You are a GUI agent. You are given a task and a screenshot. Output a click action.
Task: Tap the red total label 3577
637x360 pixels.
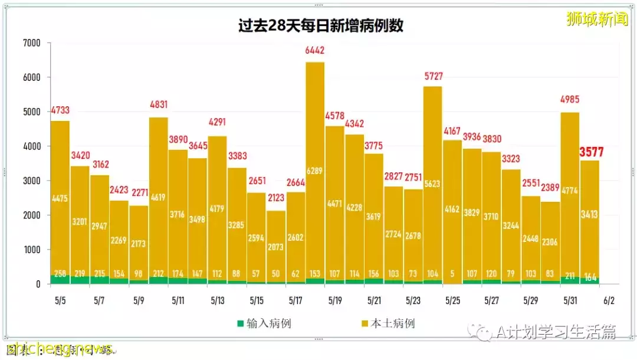coord(591,152)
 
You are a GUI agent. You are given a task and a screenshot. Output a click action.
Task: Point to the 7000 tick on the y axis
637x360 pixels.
coord(31,43)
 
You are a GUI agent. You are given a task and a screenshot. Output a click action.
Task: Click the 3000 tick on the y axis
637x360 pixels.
coord(31,181)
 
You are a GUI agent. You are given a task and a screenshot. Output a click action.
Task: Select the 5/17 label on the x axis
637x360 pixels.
coord(295,300)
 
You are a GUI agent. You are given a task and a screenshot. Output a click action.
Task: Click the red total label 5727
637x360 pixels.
coord(433,77)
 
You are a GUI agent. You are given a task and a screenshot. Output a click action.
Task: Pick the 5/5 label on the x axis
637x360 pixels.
coord(60,300)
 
